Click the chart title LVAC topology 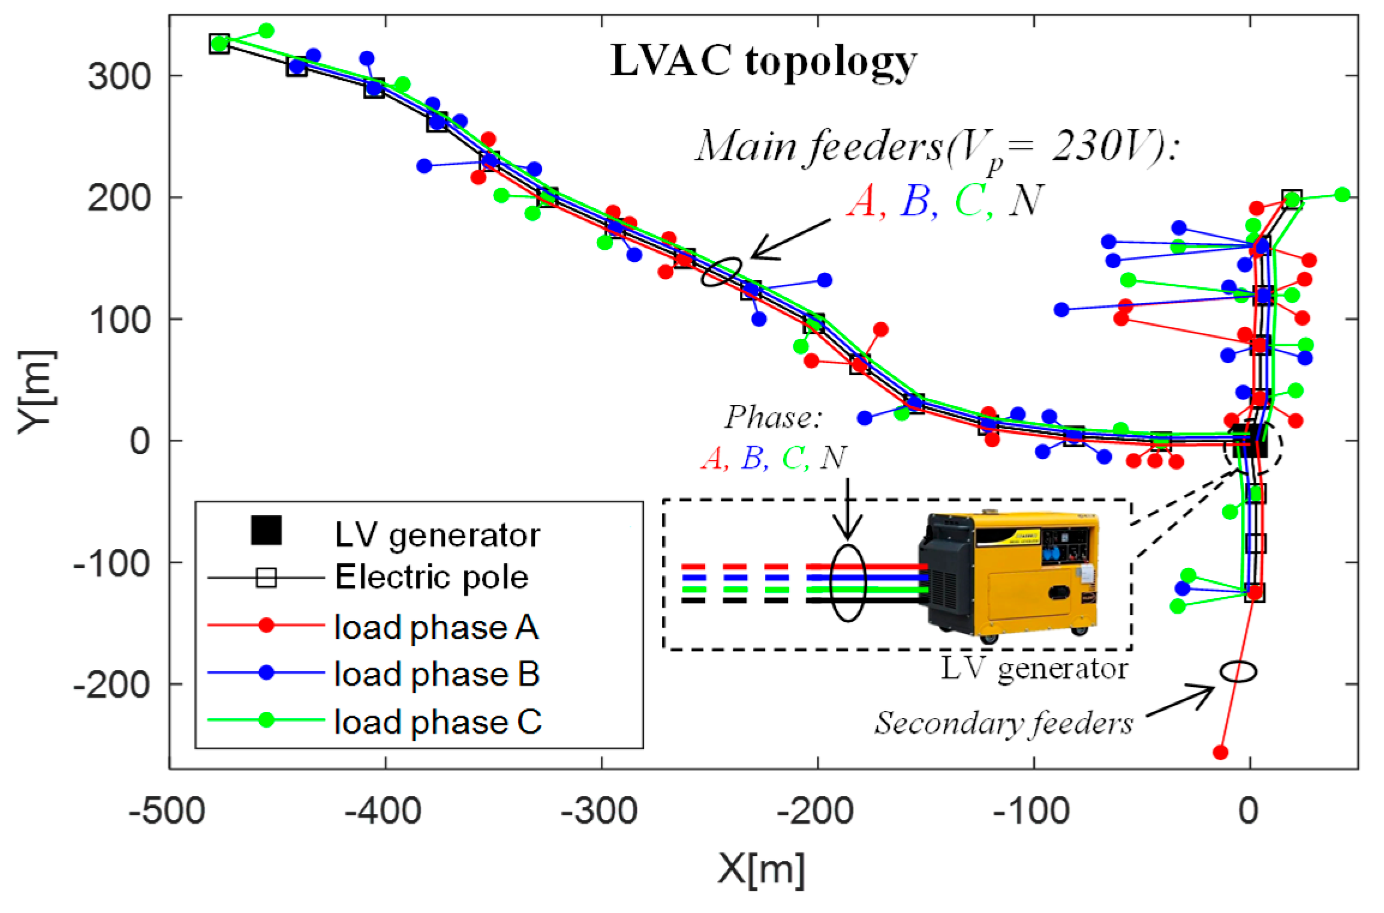coord(763,62)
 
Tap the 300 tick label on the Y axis coord(119,77)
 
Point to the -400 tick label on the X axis coord(383,811)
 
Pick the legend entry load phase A coord(437,627)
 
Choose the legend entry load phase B coord(437,674)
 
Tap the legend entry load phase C coord(438,722)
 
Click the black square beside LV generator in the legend coord(266,530)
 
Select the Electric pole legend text coord(432,577)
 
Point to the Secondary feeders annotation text coord(1004,723)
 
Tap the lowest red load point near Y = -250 coord(1220,752)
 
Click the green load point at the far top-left coord(267,31)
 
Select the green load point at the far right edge coord(1343,194)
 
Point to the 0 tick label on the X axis coord(1248,811)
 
